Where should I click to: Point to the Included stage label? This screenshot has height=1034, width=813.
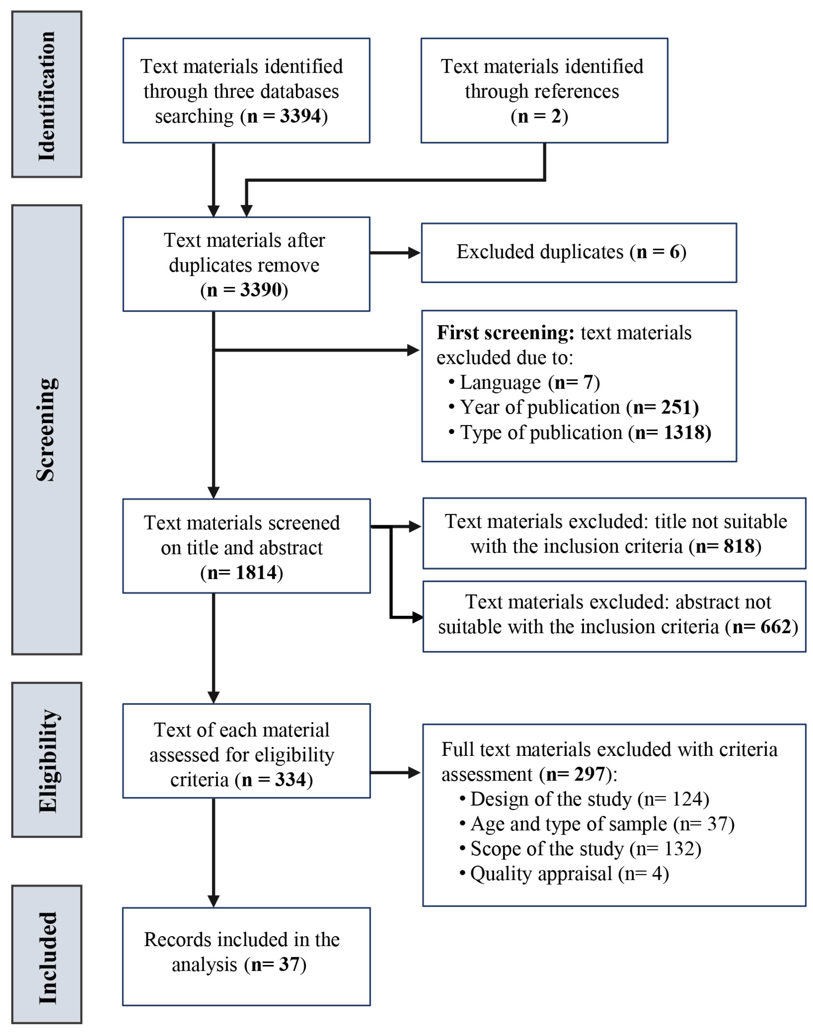point(47,958)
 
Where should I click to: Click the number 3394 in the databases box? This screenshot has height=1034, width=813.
point(300,116)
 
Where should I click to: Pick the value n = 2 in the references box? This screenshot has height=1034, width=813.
point(539,116)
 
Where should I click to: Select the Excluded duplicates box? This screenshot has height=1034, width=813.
point(579,253)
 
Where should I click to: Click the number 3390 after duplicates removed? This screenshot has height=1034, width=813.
point(261,290)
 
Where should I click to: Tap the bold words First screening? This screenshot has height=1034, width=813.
point(505,333)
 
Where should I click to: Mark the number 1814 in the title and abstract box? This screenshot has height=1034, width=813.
point(256,573)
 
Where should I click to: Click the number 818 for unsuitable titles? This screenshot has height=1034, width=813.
point(739,546)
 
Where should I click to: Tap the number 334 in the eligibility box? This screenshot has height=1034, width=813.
point(290,780)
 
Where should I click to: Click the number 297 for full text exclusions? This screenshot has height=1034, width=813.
point(590,774)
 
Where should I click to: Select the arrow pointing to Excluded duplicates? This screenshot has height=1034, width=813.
point(395,253)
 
